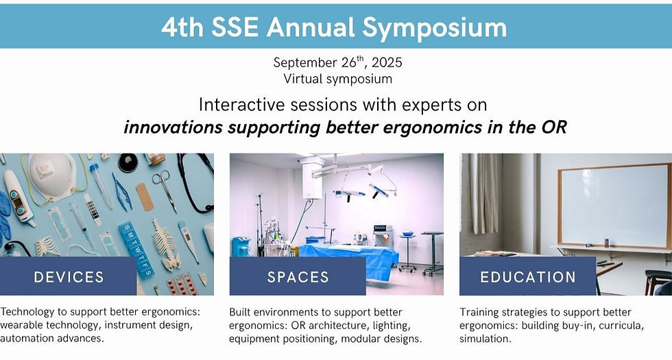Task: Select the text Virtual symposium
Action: coord(337,79)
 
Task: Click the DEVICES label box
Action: coord(69,277)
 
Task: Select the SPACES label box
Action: coord(298,277)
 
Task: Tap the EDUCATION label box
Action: coord(527,277)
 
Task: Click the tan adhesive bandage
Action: coord(145,197)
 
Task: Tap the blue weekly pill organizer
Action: coord(135,247)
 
